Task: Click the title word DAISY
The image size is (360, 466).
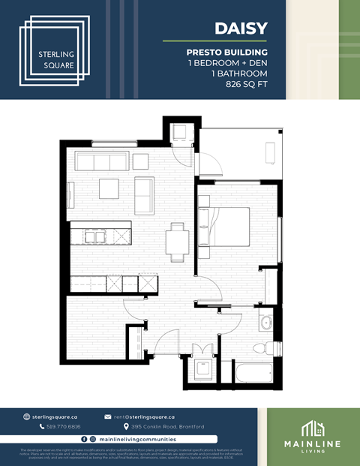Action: [241, 29]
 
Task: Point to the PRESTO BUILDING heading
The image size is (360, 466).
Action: [226, 53]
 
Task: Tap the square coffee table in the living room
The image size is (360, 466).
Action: [109, 188]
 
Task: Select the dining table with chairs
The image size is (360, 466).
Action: [178, 241]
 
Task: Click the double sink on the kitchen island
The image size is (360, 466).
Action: [94, 236]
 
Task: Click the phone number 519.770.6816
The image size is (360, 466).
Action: [64, 426]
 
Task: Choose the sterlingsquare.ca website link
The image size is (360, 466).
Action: [54, 416]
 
